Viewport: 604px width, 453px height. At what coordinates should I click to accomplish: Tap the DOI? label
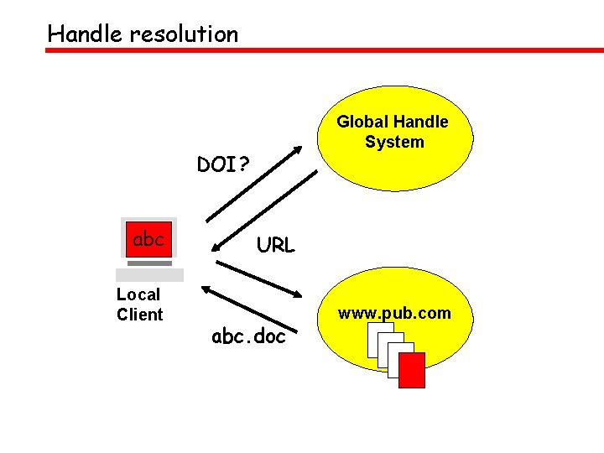(223, 164)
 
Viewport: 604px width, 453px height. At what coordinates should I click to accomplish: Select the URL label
(275, 246)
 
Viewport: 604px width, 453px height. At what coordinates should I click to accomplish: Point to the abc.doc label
(248, 337)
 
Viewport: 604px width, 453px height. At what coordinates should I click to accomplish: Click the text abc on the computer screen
(148, 239)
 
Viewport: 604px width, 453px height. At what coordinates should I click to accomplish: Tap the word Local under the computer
(138, 294)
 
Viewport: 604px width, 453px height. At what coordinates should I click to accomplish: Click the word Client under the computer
(139, 315)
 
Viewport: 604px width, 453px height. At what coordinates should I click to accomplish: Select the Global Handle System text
(393, 132)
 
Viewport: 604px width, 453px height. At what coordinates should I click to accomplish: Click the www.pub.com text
(394, 314)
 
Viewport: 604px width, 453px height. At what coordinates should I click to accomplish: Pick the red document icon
(411, 370)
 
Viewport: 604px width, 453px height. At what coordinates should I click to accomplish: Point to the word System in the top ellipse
(394, 142)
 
